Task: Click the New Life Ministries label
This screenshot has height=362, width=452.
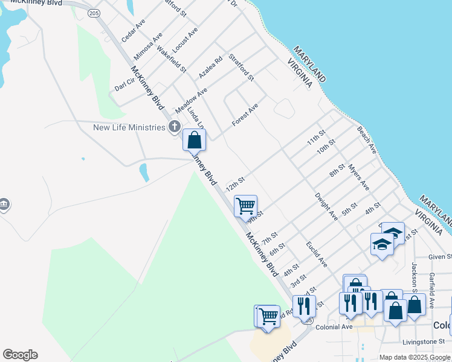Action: pyautogui.click(x=129, y=127)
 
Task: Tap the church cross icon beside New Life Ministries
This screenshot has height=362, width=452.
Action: pyautogui.click(x=175, y=127)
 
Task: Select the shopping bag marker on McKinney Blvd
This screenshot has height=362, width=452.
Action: pyautogui.click(x=195, y=140)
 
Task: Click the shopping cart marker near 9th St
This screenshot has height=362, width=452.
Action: pyautogui.click(x=245, y=206)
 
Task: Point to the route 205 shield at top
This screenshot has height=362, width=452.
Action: pyautogui.click(x=93, y=13)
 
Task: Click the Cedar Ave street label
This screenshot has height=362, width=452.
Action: pyautogui.click(x=134, y=30)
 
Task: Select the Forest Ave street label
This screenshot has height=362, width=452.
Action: pyautogui.click(x=245, y=115)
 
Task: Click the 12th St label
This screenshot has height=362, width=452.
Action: pyautogui.click(x=235, y=183)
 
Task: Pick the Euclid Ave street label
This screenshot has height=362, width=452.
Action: pyautogui.click(x=317, y=254)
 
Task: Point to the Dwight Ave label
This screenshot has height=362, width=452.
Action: pyautogui.click(x=326, y=206)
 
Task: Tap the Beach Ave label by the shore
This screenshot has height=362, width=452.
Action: pyautogui.click(x=367, y=139)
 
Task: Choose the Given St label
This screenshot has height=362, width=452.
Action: pyautogui.click(x=440, y=257)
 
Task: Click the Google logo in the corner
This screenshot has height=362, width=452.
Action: pyautogui.click(x=20, y=355)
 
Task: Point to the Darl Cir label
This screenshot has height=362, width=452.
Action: pyautogui.click(x=125, y=84)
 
